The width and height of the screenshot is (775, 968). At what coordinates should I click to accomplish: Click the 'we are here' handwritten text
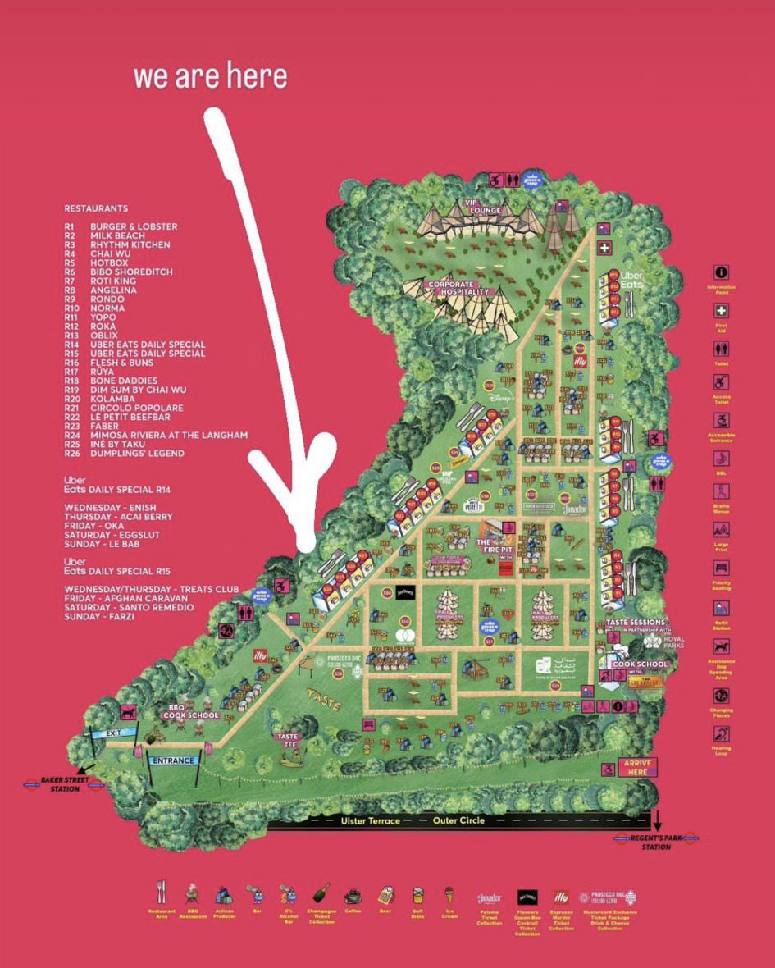(x=211, y=75)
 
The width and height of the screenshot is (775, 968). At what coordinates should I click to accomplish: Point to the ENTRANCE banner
(x=172, y=760)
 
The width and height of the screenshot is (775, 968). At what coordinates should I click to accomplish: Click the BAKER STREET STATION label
(x=62, y=785)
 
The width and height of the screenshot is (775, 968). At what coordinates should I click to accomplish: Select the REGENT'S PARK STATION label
(x=657, y=842)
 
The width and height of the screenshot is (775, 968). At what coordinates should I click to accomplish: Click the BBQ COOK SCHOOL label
(x=190, y=711)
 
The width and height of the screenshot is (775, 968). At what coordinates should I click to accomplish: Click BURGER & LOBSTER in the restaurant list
(x=134, y=226)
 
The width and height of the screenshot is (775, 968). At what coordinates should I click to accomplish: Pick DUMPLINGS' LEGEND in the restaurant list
(x=137, y=454)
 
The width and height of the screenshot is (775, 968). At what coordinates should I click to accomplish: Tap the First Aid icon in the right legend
(x=722, y=312)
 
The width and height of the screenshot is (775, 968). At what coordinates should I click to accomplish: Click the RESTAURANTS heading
(x=96, y=208)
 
